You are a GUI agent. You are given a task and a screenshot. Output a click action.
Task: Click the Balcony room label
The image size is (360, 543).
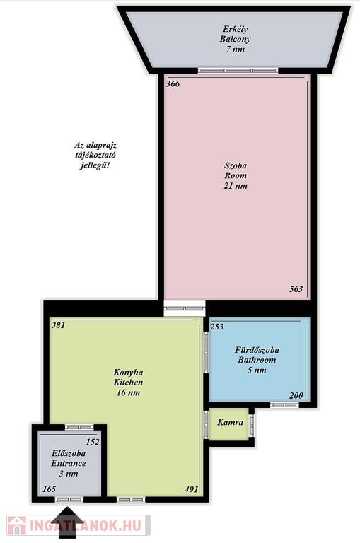[x=235, y=39]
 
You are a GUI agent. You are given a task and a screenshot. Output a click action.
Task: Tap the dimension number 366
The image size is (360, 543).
[x=173, y=84]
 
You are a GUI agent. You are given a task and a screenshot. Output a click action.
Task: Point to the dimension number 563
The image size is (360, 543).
[x=296, y=288]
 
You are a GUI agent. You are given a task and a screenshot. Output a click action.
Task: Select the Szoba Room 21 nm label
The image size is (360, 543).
[x=236, y=175]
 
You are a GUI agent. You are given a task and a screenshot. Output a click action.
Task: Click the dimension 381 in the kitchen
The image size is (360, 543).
[x=58, y=325]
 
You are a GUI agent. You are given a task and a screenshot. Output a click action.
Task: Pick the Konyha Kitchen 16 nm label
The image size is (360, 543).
[x=128, y=383]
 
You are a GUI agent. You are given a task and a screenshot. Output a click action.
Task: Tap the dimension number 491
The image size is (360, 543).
[x=191, y=489]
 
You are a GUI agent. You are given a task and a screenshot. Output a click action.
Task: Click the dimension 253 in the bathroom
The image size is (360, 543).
[x=217, y=327]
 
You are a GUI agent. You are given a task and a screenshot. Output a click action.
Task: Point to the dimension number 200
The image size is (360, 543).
[x=296, y=395]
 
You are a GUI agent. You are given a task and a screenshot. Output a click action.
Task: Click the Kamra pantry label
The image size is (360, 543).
[x=230, y=423]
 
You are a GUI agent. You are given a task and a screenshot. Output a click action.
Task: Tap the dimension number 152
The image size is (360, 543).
[x=93, y=442]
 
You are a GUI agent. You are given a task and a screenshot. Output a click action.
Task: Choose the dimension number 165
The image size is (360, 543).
[x=49, y=489]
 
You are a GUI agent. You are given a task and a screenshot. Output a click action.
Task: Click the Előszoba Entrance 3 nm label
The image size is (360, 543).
[x=69, y=463]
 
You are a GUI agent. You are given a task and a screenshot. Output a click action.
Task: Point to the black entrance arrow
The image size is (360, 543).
[x=67, y=520]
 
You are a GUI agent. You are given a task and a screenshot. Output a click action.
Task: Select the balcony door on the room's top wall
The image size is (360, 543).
[x=238, y=71]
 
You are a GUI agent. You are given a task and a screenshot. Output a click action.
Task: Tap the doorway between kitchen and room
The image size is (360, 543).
[x=185, y=308]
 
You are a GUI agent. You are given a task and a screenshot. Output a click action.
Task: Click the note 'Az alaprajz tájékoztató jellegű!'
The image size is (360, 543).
[x=95, y=155]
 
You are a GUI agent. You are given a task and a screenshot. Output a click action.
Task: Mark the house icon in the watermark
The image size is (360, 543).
[x=17, y=525]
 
